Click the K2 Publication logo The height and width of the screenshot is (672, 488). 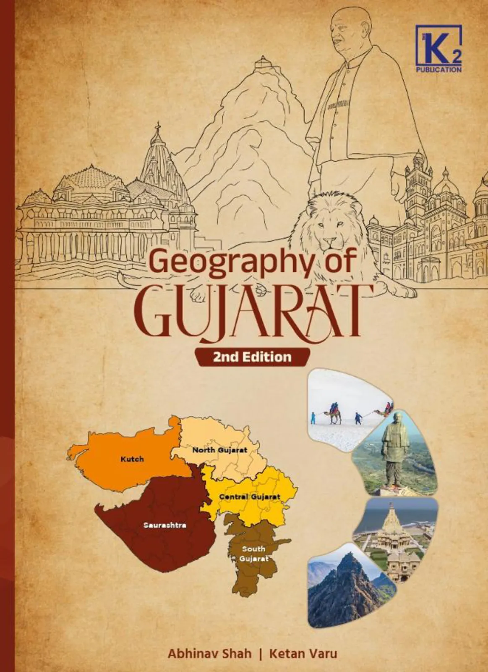438,48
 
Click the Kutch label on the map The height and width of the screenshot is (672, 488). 132,459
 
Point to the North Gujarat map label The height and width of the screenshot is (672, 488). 219,450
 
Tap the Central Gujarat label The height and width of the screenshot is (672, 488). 250,497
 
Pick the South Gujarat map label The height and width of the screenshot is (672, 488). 254,554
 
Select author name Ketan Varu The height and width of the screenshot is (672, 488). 303,654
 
